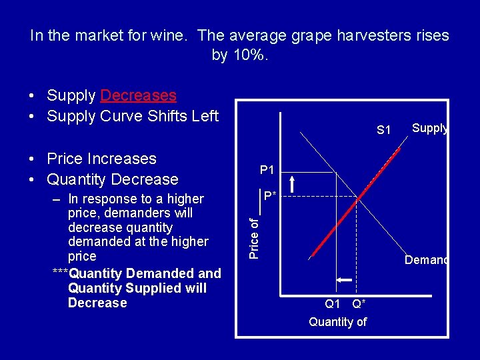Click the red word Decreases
pos(138,95)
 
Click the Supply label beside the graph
pos(429,128)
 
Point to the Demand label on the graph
pos(426,261)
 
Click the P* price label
pos(269,196)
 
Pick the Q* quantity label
pos(359,304)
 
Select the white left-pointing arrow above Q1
pos(343,281)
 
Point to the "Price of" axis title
pos(253,237)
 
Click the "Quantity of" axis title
pos(337,322)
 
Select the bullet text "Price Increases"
pos(101,159)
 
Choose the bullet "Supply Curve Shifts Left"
pos(133,116)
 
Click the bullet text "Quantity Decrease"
pos(113,179)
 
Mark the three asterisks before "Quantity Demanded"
pos(60,273)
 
